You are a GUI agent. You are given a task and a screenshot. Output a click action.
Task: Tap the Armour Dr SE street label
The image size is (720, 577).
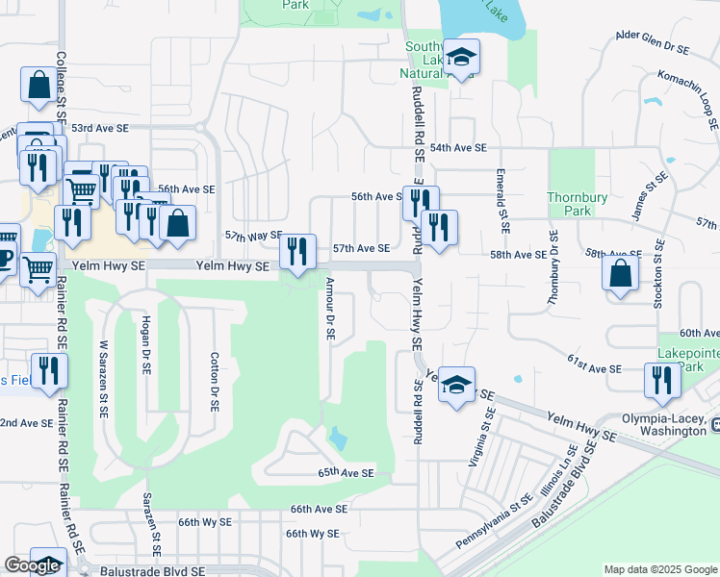point(330,309)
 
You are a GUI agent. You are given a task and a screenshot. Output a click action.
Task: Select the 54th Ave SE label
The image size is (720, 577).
point(459,148)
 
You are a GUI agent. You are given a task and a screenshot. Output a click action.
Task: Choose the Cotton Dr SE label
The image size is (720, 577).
point(216,384)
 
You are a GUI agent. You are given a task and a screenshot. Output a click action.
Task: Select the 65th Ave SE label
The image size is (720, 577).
point(346,473)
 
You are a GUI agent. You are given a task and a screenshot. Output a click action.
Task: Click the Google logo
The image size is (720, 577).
point(32,565)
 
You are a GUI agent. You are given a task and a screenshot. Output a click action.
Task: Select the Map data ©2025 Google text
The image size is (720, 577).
point(660,568)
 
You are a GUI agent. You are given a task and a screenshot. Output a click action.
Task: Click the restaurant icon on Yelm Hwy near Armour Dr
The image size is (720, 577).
point(297,252)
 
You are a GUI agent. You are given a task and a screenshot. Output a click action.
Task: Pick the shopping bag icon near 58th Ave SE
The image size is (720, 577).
point(621,272)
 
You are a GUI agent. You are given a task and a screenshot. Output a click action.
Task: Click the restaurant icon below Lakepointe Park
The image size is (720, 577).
point(661,381)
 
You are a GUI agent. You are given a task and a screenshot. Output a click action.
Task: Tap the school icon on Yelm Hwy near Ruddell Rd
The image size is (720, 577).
point(456,384)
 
